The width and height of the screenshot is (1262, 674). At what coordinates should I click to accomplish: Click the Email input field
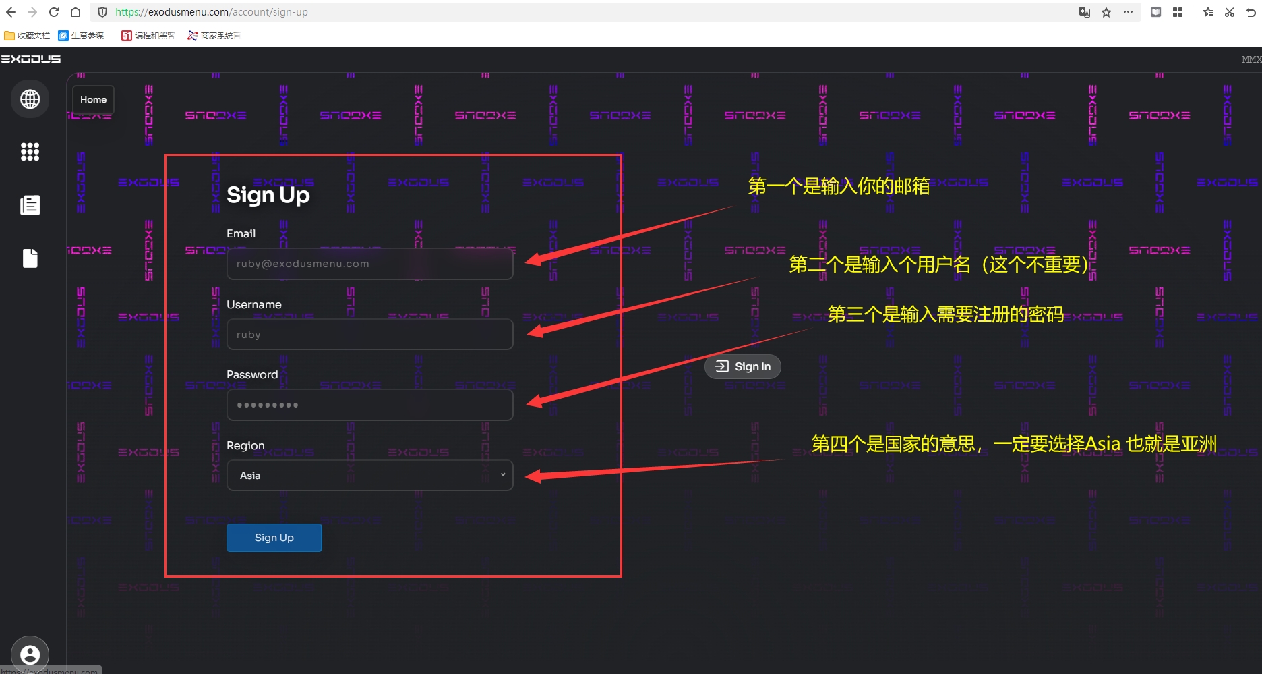point(369,264)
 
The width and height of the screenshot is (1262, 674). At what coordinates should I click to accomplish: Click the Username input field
point(369,335)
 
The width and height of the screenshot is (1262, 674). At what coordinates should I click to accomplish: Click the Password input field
point(369,405)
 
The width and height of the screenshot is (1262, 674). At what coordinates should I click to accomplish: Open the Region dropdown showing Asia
point(369,476)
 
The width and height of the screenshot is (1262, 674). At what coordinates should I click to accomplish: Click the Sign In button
point(743,366)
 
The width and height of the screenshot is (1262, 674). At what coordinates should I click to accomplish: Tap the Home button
point(93,100)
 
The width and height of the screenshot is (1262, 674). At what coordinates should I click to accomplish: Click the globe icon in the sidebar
point(30,99)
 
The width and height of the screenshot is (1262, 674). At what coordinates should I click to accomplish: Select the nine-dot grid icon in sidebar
point(30,152)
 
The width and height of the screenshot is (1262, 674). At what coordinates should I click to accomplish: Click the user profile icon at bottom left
point(30,654)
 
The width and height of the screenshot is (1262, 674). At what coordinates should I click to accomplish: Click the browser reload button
point(54,12)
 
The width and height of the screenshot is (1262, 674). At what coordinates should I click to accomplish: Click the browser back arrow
point(11,12)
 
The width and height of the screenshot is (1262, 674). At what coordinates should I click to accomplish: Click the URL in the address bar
point(212,12)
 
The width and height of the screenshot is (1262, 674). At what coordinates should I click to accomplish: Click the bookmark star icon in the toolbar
point(1106,12)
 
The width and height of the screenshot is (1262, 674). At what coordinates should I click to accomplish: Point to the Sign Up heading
point(268,195)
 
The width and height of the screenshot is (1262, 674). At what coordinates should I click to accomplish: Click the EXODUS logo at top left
point(31,59)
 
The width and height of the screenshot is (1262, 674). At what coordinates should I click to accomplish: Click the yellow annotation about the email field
point(839,186)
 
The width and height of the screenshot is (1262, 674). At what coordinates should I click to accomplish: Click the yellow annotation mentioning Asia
point(1014,444)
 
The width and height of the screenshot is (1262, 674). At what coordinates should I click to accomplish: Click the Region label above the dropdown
point(245,445)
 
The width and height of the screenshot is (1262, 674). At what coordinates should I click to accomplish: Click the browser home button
point(76,12)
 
